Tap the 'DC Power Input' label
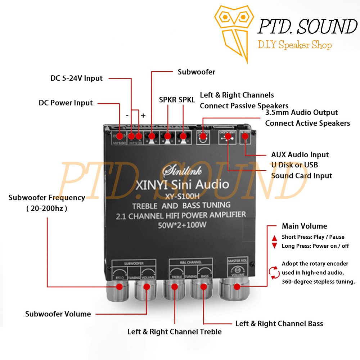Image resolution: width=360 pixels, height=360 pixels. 66,103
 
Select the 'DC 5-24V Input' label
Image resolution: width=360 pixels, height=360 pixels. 76,78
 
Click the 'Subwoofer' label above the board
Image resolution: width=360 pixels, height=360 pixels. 197,72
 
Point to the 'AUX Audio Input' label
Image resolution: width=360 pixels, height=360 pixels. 300,155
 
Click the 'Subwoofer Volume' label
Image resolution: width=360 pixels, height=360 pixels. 58,314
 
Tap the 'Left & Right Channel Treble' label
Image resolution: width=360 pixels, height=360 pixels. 175,332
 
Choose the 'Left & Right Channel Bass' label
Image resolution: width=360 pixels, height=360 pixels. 279,323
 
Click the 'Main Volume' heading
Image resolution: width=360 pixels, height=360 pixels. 304,226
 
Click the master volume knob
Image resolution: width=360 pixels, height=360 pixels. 237,287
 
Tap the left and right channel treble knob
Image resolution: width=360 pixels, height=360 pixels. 175,287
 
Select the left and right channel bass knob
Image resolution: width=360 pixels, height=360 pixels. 204,287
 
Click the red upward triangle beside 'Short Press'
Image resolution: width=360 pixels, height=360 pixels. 275,238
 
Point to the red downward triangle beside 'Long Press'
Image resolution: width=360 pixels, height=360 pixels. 275,246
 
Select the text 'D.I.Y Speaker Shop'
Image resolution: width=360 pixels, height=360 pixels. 294,45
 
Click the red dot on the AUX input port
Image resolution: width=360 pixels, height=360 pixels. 246,136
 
